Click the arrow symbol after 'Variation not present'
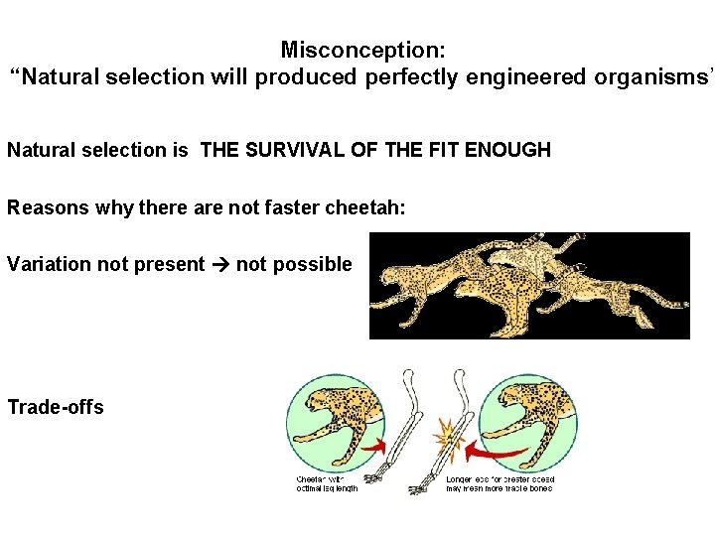[219, 264]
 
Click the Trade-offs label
[56, 407]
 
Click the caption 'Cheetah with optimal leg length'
[327, 483]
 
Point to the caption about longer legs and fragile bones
[500, 483]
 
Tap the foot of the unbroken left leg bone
[375, 478]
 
